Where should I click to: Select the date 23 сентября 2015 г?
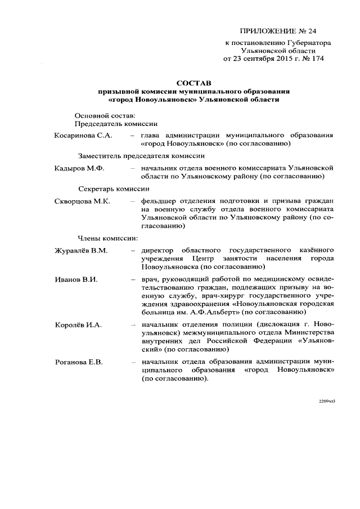(x=268, y=58)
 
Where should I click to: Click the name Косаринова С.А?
(x=83, y=136)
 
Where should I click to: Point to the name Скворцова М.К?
(x=82, y=200)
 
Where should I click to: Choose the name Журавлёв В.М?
(x=80, y=249)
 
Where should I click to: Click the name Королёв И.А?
(x=78, y=325)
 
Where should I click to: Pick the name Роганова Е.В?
(x=78, y=362)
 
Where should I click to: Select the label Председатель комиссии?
(x=116, y=123)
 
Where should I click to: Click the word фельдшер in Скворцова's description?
(x=159, y=200)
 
